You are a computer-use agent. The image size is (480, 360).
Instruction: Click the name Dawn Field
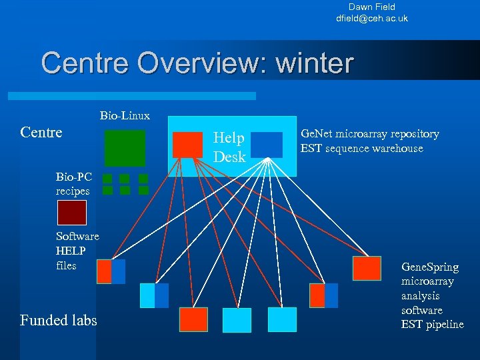tap(371, 7)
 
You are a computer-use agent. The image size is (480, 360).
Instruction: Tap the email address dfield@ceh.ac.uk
tap(371, 18)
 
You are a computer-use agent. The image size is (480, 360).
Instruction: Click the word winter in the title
tap(314, 63)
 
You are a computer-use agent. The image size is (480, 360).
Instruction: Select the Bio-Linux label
tap(125, 116)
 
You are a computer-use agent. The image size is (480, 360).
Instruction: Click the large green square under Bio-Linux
tap(125, 147)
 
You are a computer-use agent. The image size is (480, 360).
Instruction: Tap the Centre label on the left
tap(41, 132)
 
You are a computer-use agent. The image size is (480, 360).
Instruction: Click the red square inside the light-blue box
tap(187, 145)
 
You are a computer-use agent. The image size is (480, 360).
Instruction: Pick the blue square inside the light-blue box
tap(267, 145)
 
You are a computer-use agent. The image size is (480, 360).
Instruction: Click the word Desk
tap(229, 157)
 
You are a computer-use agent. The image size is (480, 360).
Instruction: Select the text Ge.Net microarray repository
tap(370, 134)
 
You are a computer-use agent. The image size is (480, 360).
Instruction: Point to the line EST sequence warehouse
tap(361, 148)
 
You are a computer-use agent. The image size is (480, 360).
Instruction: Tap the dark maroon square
tap(71, 212)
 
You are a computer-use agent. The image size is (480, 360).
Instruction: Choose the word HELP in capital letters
tap(71, 251)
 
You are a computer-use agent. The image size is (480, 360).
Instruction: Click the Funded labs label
tap(59, 321)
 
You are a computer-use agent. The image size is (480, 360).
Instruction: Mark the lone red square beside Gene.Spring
tap(367, 267)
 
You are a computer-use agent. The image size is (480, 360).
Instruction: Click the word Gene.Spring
tap(429, 267)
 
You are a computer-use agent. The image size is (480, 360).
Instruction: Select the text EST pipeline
tap(432, 325)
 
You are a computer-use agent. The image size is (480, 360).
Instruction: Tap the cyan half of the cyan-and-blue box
tap(147, 295)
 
